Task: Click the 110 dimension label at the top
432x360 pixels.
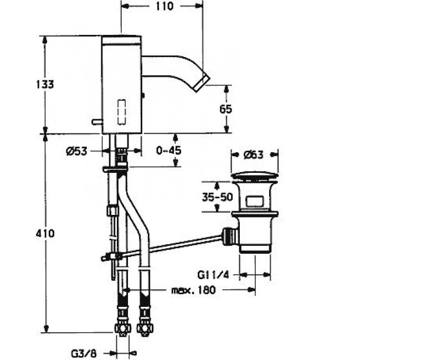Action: tap(164, 6)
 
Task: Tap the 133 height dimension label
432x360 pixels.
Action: tap(45, 84)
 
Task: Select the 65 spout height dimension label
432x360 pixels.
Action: tap(226, 109)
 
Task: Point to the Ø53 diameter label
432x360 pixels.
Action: tap(76, 151)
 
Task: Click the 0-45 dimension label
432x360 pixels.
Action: tap(168, 151)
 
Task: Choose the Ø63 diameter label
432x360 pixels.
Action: tap(254, 155)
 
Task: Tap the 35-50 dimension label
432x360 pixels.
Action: tap(217, 197)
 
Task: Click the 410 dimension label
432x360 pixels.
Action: tap(45, 234)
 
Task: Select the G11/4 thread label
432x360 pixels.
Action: tap(213, 275)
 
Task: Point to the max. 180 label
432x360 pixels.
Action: tap(193, 290)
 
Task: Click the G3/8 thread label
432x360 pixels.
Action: tap(84, 354)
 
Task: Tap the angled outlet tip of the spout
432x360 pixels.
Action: tap(203, 84)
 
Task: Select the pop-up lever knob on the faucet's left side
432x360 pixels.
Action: tap(97, 121)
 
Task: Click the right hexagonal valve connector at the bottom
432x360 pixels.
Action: tap(145, 328)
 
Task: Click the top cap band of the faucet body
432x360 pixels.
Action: tap(121, 40)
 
